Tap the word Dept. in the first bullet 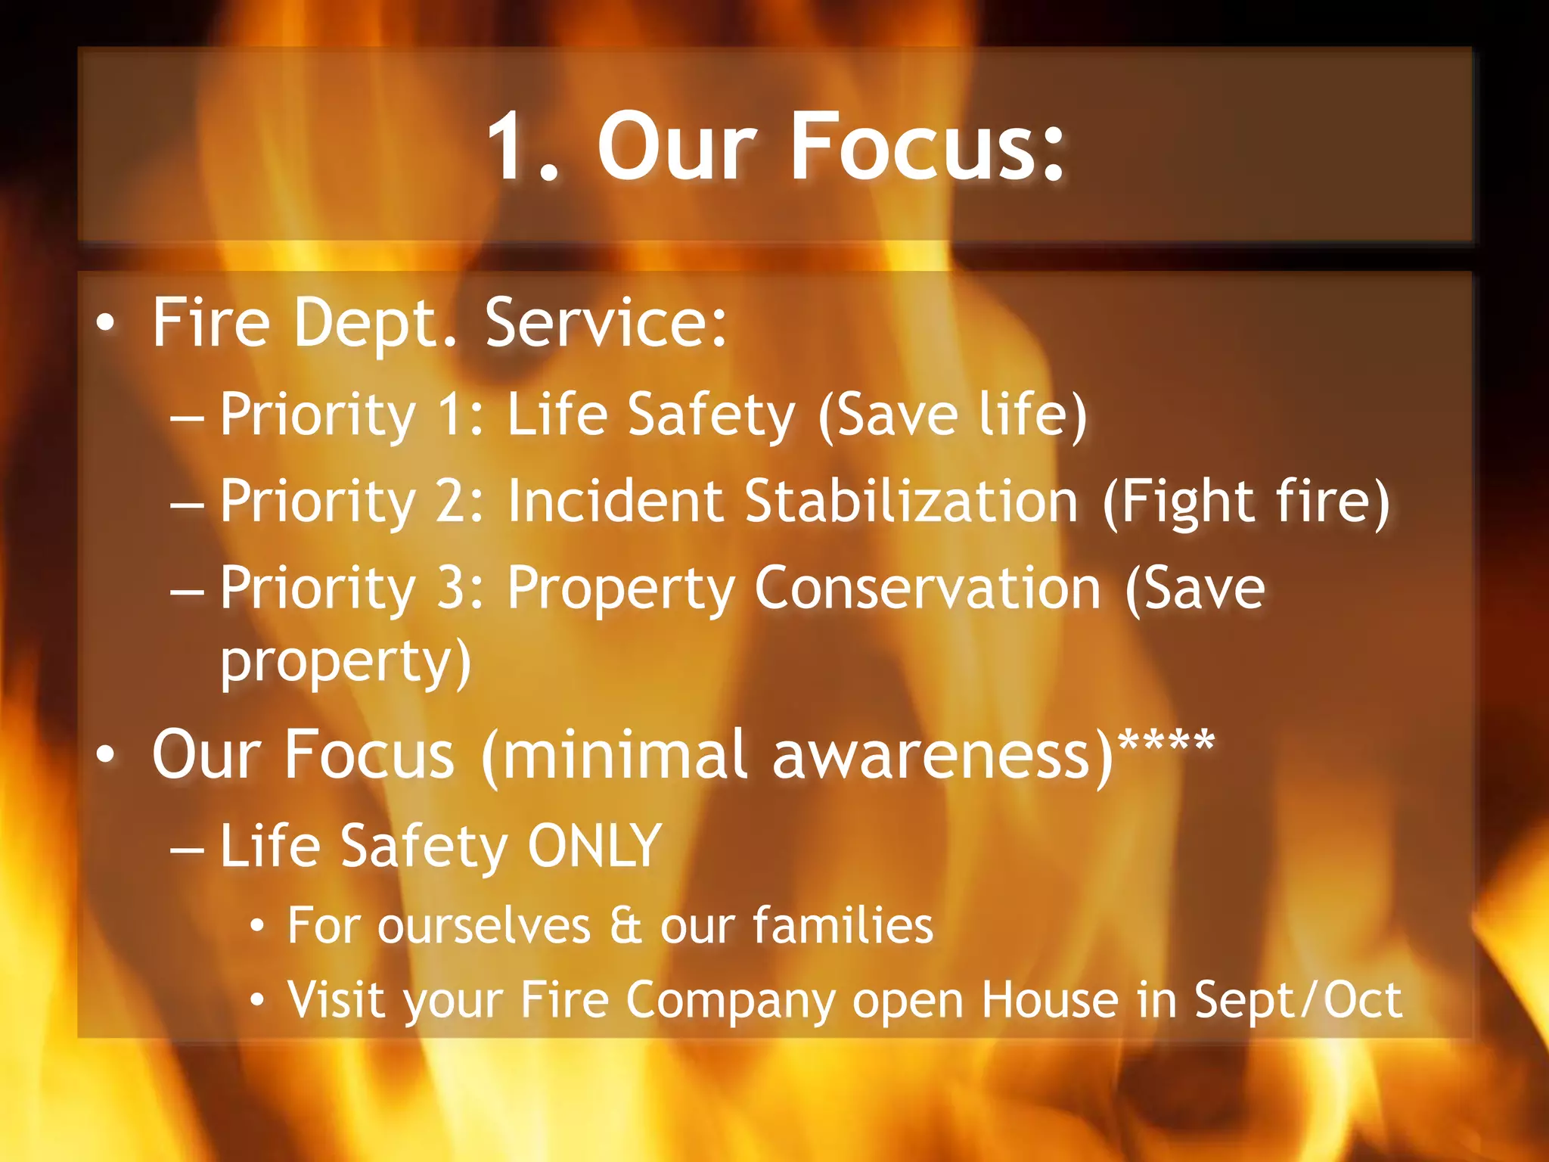(x=375, y=324)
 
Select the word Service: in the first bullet (x=605, y=324)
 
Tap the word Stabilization (x=911, y=501)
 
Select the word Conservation (x=927, y=588)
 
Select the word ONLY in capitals (x=594, y=846)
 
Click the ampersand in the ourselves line (x=625, y=925)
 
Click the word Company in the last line (x=729, y=1000)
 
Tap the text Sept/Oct (x=1297, y=1000)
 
